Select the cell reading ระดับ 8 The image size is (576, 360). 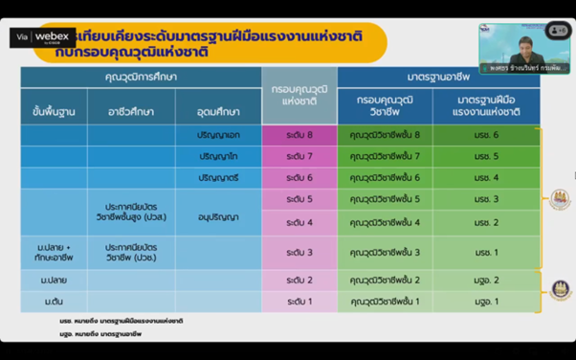click(299, 136)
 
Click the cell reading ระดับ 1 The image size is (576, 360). click(299, 302)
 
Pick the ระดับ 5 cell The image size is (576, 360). click(299, 199)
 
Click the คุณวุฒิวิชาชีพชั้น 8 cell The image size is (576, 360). click(386, 136)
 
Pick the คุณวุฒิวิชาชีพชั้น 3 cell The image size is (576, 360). click(386, 252)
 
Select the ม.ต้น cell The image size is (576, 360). click(54, 302)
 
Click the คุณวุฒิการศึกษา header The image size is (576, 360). click(141, 76)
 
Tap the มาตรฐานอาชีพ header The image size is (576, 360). click(438, 76)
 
